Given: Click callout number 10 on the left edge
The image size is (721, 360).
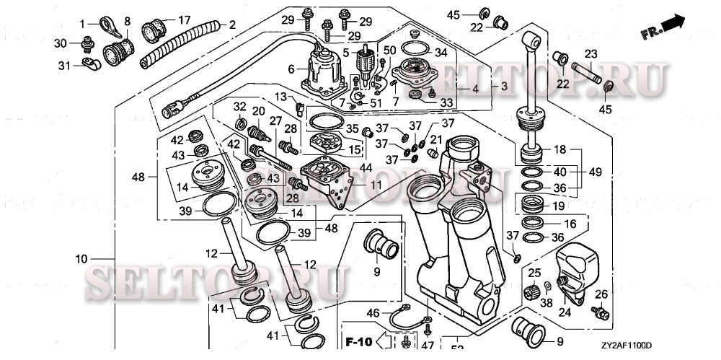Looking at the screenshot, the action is (81, 259).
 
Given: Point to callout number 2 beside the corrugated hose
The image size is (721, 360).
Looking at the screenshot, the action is (232, 25).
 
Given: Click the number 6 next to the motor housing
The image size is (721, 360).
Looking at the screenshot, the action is (291, 69).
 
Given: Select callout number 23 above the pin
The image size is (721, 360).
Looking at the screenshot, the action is (591, 53).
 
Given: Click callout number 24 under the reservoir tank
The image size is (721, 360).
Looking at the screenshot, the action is (565, 312).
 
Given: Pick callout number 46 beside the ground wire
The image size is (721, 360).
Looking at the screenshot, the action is (373, 314).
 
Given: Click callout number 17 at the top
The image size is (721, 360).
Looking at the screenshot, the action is (185, 20).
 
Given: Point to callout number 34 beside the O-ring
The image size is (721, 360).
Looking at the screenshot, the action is (441, 53).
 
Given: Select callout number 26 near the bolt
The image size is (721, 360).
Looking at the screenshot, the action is (601, 294).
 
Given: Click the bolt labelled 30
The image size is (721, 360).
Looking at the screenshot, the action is (87, 44).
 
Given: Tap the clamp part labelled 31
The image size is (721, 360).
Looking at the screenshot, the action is (92, 64).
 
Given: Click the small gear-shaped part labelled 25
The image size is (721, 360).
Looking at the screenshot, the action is (533, 291).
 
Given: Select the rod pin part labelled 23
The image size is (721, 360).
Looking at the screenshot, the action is (586, 73).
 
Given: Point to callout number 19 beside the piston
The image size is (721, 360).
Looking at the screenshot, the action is (558, 207).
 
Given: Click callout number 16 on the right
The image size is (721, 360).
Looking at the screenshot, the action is (570, 224).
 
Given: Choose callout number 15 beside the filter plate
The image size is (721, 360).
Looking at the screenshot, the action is (353, 150).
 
